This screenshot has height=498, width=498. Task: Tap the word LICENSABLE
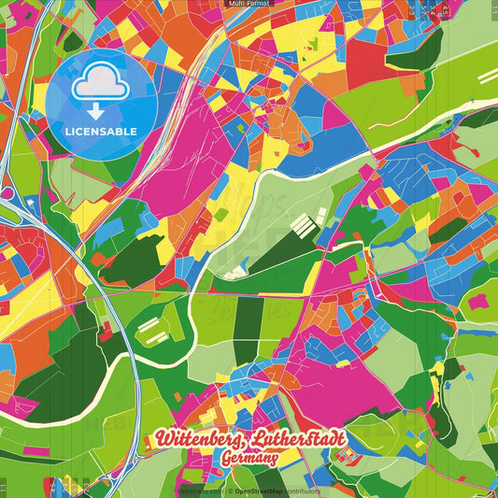coord(100,131)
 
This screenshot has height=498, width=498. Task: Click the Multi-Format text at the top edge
coord(249,4)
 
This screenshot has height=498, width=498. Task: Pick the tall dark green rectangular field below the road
coord(249,323)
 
